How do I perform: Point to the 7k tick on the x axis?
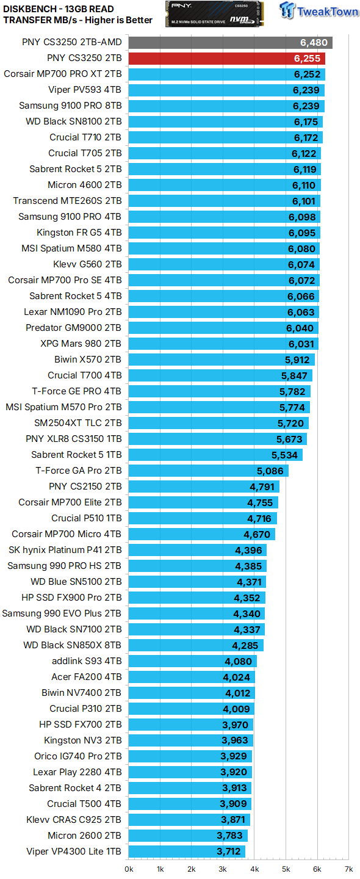(x=348, y=869)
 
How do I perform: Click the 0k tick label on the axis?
(x=129, y=869)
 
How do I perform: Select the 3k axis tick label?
(x=223, y=869)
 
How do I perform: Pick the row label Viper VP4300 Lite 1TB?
(x=74, y=852)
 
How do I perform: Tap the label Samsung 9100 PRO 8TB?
(x=70, y=106)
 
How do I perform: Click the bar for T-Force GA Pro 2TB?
(x=208, y=471)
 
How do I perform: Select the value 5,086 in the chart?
(x=271, y=471)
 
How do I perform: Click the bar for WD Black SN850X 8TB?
(x=196, y=645)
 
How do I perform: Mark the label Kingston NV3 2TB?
(x=82, y=740)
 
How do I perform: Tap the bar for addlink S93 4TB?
(x=193, y=661)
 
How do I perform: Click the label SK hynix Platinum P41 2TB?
(x=65, y=550)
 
